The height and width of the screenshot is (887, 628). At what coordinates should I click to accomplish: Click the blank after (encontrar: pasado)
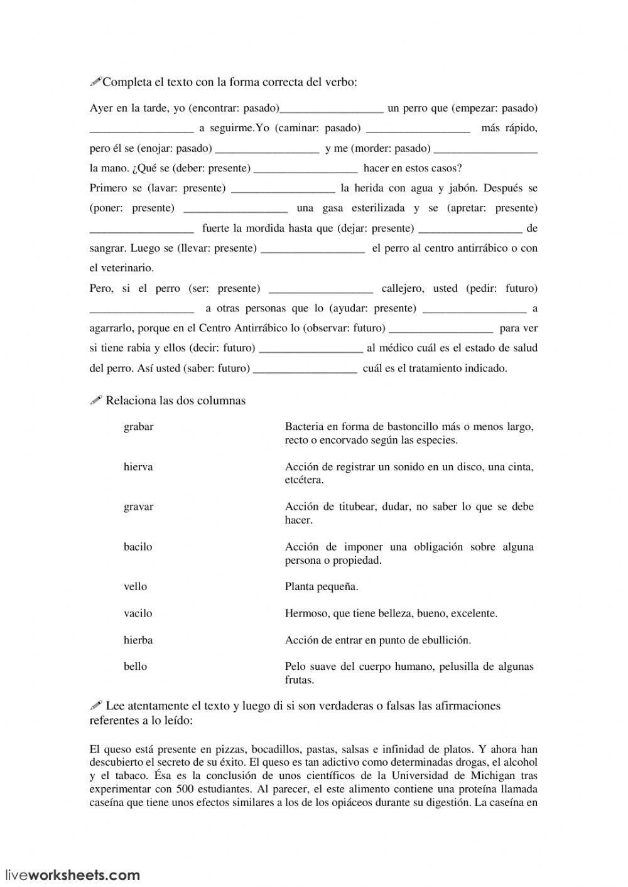pyautogui.click(x=331, y=109)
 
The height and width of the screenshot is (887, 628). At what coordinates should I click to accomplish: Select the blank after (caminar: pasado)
pyautogui.click(x=418, y=129)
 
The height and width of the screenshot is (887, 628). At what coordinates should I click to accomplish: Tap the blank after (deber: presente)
pyautogui.click(x=305, y=168)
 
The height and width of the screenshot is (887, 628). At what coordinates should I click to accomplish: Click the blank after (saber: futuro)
pyautogui.click(x=305, y=368)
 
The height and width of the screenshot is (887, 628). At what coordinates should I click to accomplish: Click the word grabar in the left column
pyautogui.click(x=139, y=427)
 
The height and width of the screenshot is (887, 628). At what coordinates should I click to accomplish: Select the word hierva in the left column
pyautogui.click(x=138, y=467)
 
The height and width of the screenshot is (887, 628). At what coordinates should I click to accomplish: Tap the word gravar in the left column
pyautogui.click(x=139, y=507)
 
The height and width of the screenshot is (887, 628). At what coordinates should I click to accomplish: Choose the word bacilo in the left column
pyautogui.click(x=138, y=547)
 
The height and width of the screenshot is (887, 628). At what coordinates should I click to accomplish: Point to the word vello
pyautogui.click(x=136, y=587)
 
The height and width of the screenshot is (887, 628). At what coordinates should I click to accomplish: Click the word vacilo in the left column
pyautogui.click(x=138, y=613)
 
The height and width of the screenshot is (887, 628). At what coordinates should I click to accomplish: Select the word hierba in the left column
pyautogui.click(x=138, y=640)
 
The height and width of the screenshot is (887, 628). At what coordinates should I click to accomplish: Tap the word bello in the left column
pyautogui.click(x=136, y=667)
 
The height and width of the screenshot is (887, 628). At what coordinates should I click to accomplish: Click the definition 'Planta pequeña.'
pyautogui.click(x=322, y=587)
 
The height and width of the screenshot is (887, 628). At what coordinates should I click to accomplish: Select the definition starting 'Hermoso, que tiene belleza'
pyautogui.click(x=391, y=613)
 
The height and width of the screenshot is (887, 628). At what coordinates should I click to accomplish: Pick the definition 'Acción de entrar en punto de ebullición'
pyautogui.click(x=377, y=640)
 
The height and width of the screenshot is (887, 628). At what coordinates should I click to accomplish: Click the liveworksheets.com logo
pyautogui.click(x=73, y=874)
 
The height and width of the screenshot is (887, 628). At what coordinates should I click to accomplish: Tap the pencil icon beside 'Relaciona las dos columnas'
pyautogui.click(x=96, y=400)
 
